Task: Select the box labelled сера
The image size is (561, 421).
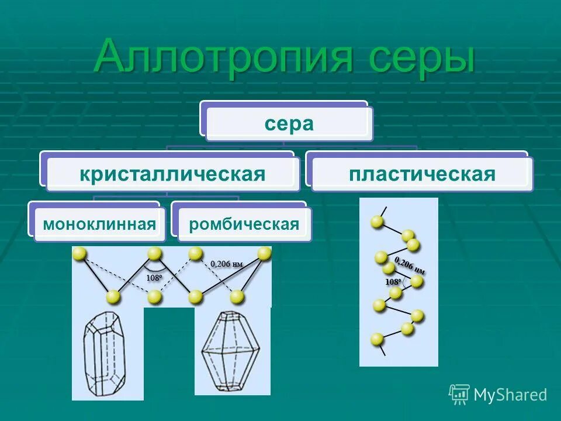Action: [289, 123]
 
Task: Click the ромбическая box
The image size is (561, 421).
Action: [244, 224]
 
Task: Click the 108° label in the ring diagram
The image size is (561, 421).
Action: [154, 278]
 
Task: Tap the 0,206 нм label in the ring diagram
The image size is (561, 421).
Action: [227, 264]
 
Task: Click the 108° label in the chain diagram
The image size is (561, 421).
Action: [393, 282]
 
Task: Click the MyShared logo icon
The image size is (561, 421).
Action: [459, 394]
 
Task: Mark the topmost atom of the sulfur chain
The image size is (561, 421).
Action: [378, 222]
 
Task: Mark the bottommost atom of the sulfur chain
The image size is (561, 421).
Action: [377, 339]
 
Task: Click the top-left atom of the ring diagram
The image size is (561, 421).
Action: [79, 253]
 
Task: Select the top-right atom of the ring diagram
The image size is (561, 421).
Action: [265, 253]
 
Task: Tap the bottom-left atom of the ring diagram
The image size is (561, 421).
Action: [113, 297]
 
